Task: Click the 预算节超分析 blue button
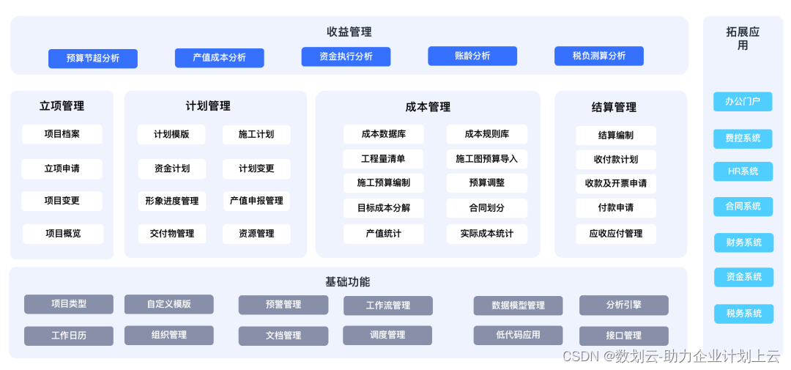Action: (93, 58)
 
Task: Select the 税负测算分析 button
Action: (598, 56)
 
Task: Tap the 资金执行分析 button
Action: (346, 56)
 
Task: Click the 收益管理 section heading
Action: (349, 32)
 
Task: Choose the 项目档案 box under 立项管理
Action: (62, 134)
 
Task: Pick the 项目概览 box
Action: (63, 234)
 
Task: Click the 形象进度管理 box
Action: (171, 201)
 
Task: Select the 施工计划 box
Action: (256, 134)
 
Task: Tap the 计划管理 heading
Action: (208, 106)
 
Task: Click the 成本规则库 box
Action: (486, 134)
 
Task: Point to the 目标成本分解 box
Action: (384, 208)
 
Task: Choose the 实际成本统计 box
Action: (486, 234)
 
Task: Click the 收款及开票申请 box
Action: (616, 183)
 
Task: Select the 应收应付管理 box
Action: (616, 234)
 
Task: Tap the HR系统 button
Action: (743, 171)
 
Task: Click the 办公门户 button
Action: (743, 102)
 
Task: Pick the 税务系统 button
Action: (743, 314)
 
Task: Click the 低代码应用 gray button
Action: (518, 335)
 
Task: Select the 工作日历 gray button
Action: (69, 336)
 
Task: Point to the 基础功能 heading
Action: (348, 282)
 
